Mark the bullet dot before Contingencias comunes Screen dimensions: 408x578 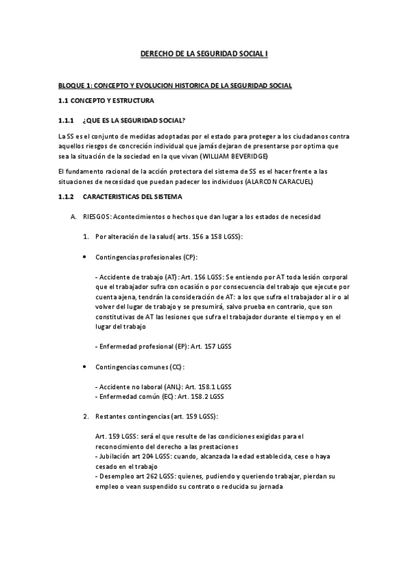click(84, 366)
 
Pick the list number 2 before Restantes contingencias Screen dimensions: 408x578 click(85, 416)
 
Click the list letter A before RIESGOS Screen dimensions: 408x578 click(63, 217)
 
